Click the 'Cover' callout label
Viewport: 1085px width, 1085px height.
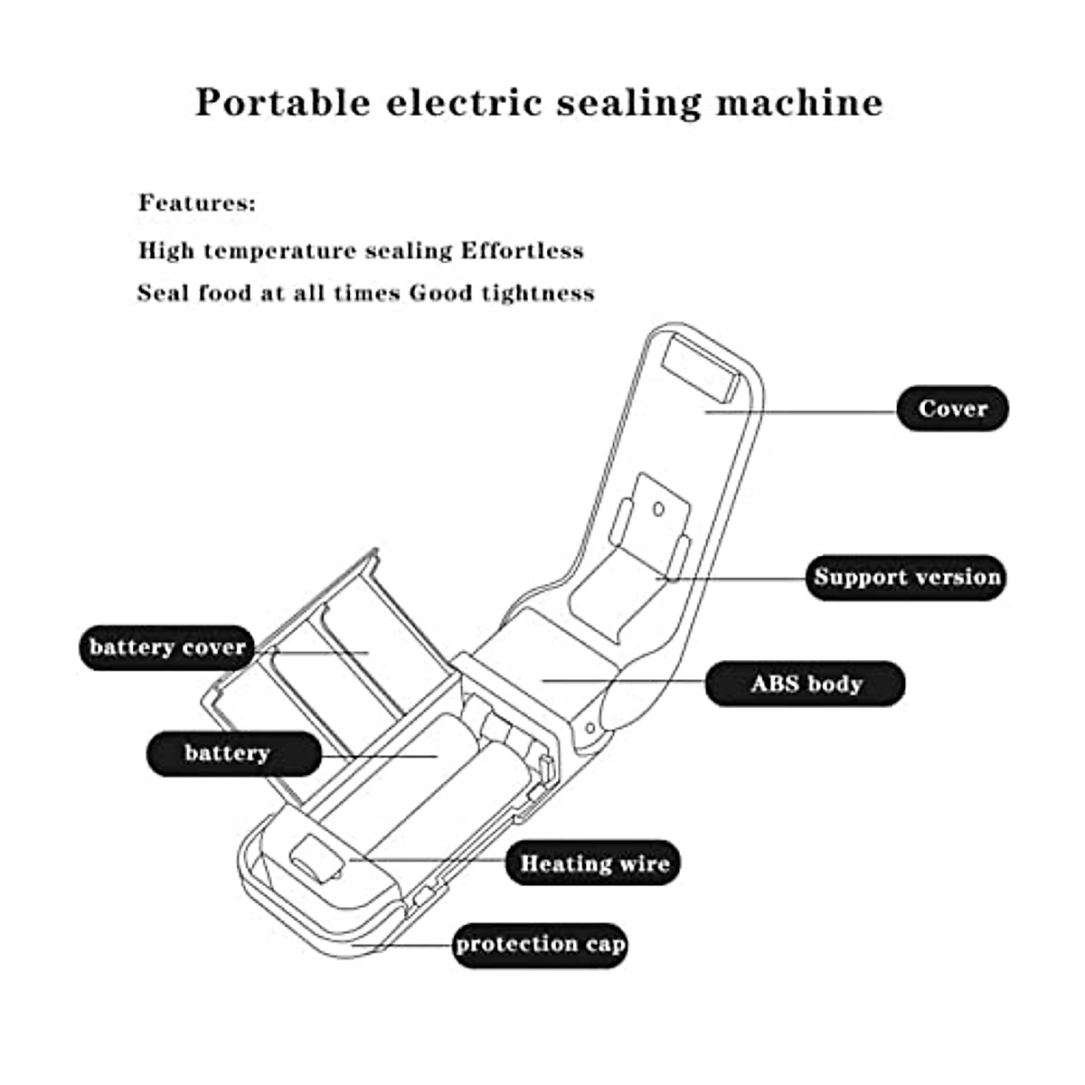click(952, 409)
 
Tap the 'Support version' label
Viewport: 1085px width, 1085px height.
click(906, 577)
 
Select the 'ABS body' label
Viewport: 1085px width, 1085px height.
click(805, 684)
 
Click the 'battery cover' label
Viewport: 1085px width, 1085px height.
click(167, 647)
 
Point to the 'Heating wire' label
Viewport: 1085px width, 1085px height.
click(593, 863)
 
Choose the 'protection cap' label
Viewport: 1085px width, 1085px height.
click(540, 944)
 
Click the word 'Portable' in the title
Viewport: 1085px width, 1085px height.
click(283, 102)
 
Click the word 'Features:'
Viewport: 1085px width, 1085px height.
click(197, 203)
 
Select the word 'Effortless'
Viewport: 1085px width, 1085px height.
click(522, 250)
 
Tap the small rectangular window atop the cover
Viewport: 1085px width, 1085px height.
click(701, 366)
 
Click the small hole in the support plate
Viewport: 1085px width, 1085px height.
click(659, 510)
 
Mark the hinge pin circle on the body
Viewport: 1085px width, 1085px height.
click(590, 726)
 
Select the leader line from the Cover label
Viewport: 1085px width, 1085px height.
click(801, 411)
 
